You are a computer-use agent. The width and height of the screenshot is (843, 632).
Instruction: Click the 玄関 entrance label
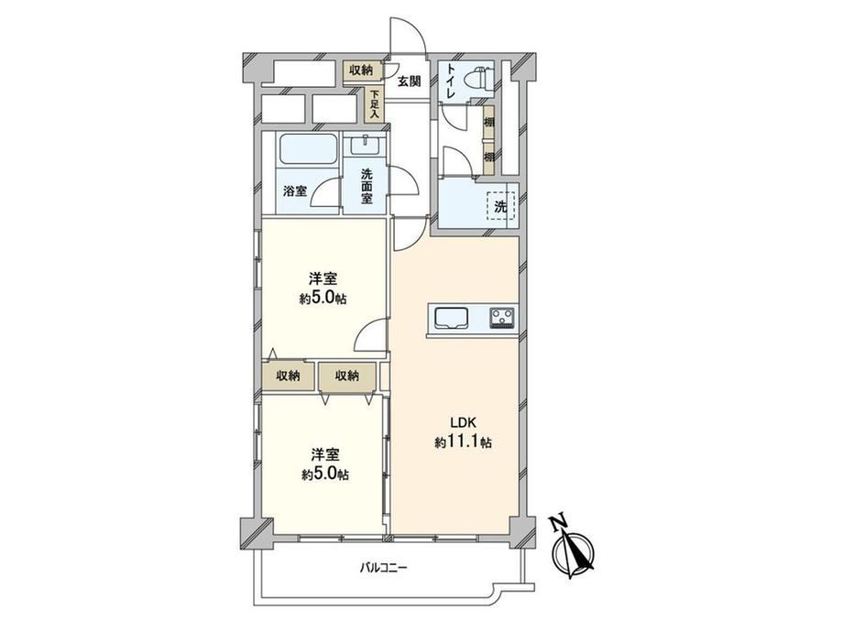click(x=409, y=82)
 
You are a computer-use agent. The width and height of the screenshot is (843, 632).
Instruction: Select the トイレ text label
click(x=450, y=82)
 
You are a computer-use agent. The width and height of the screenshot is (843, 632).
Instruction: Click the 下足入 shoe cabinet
click(x=374, y=104)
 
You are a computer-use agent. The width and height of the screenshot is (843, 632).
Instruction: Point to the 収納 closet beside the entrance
click(x=361, y=70)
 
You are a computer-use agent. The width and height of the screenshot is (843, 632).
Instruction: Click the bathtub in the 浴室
click(x=307, y=149)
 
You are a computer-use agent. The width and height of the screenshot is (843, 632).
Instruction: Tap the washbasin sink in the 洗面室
click(x=365, y=145)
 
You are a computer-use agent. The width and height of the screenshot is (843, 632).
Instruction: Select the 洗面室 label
click(x=367, y=186)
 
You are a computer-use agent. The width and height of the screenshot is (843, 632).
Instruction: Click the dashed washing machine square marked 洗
click(x=500, y=206)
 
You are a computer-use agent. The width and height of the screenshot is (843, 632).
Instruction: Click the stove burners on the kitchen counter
click(x=502, y=317)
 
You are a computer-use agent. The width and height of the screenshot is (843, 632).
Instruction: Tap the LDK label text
click(x=461, y=422)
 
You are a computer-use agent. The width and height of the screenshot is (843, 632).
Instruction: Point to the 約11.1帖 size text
click(x=463, y=442)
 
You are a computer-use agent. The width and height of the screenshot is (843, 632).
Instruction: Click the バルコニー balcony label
click(x=384, y=568)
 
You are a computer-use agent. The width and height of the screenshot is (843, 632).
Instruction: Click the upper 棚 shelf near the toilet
click(x=488, y=122)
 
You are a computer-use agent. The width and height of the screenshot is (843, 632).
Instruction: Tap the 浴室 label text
click(x=295, y=191)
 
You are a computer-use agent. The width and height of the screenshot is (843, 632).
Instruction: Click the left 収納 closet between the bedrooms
click(x=288, y=376)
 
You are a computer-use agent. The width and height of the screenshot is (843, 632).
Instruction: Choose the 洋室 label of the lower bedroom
click(x=325, y=454)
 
